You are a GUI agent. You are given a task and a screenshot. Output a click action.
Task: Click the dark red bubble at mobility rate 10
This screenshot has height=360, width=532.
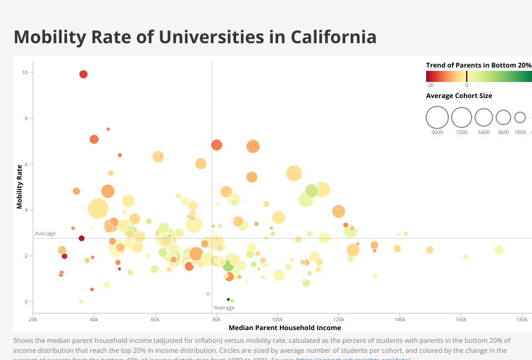[x=84, y=74]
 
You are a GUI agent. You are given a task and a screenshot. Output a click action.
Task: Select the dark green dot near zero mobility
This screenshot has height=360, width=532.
[x=228, y=300]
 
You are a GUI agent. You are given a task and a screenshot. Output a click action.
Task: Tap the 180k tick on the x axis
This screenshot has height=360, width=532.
[x=521, y=320]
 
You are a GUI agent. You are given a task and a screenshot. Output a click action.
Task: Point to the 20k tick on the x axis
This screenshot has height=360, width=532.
[x=33, y=320]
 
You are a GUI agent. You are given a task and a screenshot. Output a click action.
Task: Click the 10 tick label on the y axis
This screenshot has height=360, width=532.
[x=25, y=73]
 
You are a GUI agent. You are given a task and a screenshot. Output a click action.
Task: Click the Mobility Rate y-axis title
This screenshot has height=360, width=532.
[x=19, y=186]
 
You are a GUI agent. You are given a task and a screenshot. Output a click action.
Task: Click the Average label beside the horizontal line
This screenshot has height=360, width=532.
[x=45, y=234]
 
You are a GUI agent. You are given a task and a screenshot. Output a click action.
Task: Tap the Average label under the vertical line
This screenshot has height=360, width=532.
[x=224, y=308]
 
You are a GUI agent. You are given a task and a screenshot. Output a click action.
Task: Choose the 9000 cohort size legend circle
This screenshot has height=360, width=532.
[x=437, y=117]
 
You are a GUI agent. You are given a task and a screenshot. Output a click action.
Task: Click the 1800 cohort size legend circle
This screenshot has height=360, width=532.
[x=520, y=117]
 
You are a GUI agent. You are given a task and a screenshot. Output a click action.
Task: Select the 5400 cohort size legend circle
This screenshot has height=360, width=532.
[x=484, y=117]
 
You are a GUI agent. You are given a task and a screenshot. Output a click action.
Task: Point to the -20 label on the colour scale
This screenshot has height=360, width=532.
[x=430, y=85]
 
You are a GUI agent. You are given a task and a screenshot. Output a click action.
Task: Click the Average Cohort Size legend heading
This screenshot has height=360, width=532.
[x=459, y=96]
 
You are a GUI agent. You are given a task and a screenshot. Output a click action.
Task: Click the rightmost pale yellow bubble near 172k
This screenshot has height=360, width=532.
[x=499, y=250]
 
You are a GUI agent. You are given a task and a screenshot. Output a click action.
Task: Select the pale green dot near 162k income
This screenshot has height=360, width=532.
[x=465, y=256]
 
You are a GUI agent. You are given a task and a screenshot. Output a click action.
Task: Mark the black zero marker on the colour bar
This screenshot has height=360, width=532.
[x=467, y=76]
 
